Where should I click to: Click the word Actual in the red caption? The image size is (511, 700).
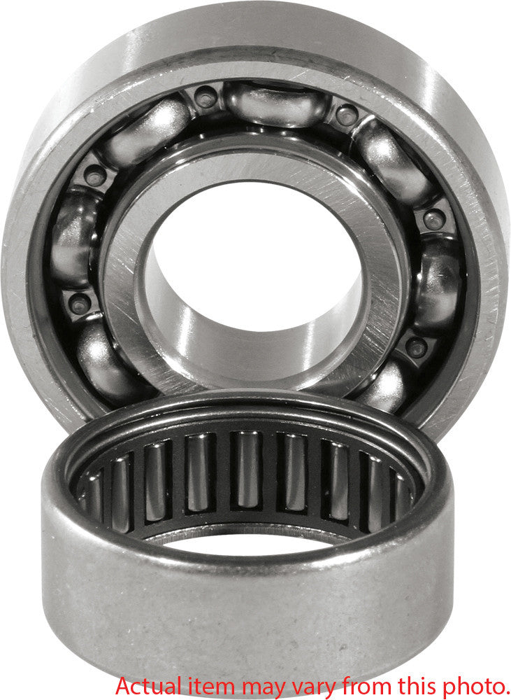tap(144, 684)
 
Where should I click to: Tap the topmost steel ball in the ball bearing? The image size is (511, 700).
tap(276, 103)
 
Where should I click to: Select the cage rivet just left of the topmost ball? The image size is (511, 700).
tap(206, 97)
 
